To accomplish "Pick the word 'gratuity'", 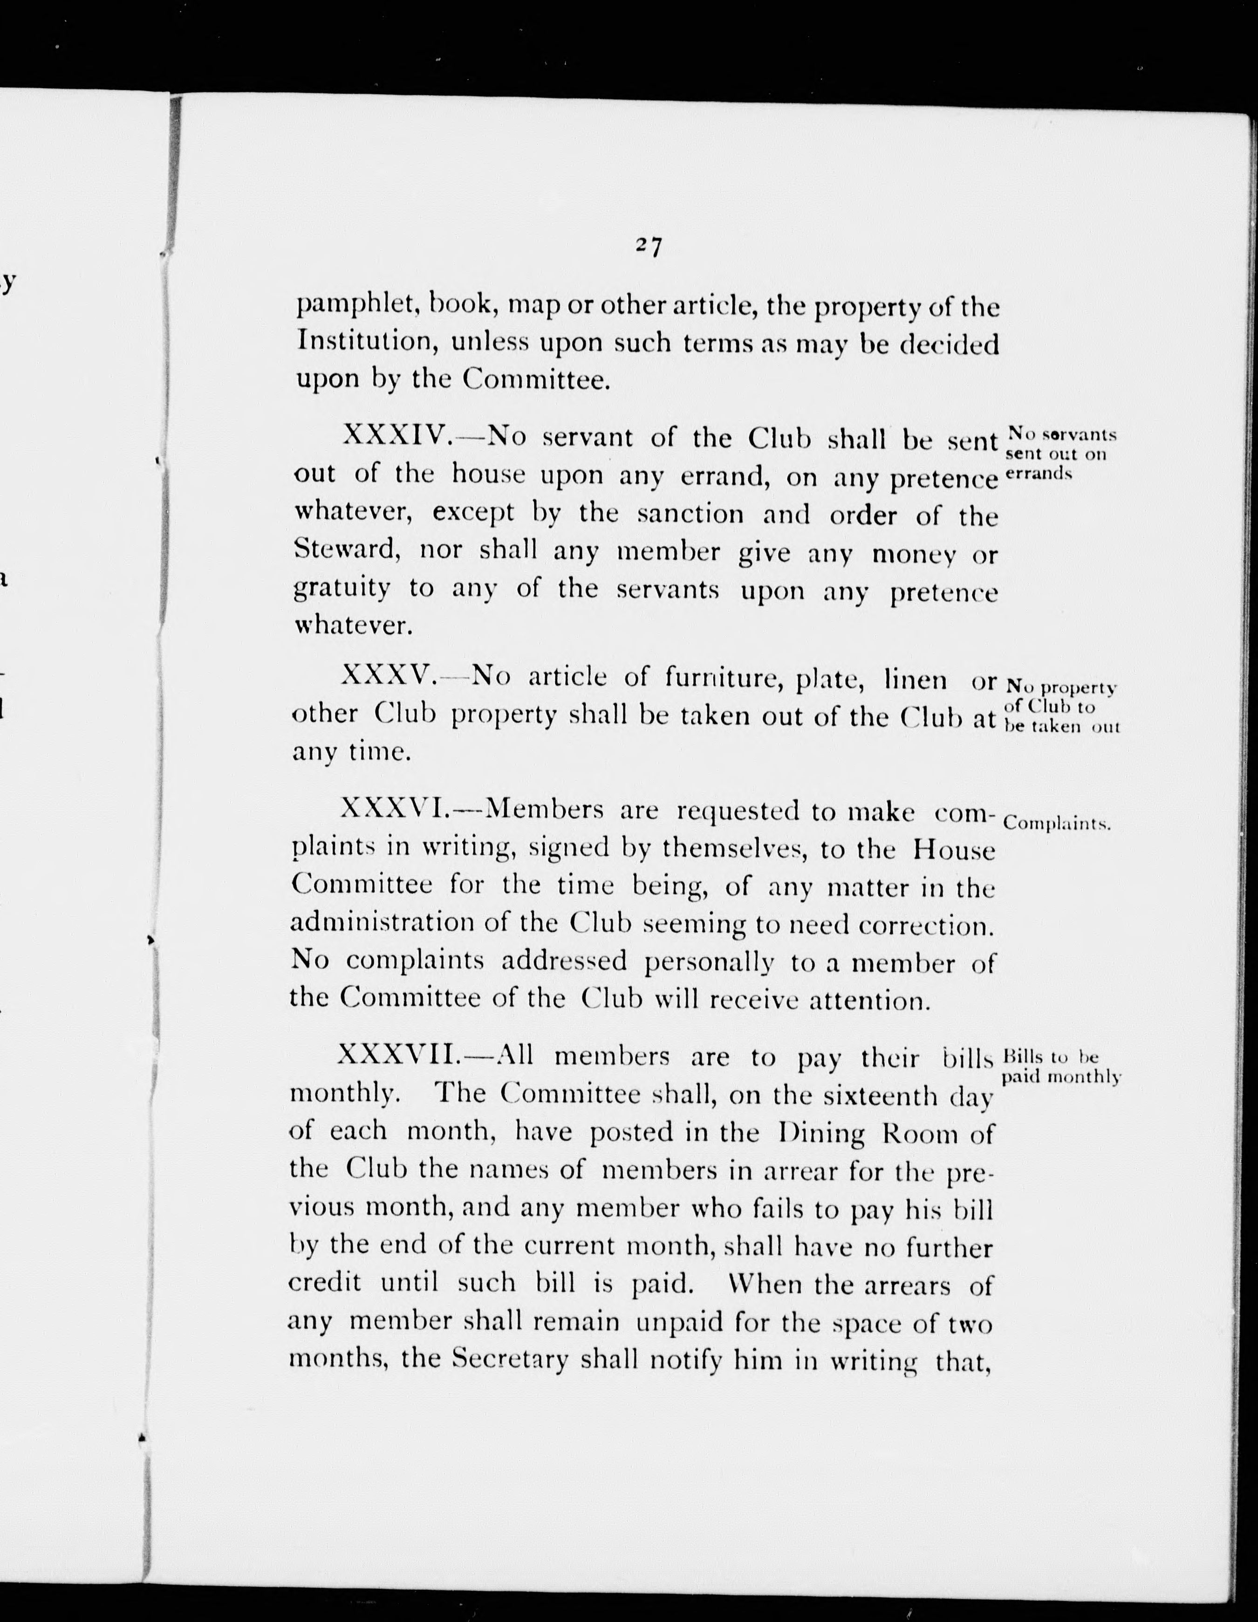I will click(342, 589).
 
